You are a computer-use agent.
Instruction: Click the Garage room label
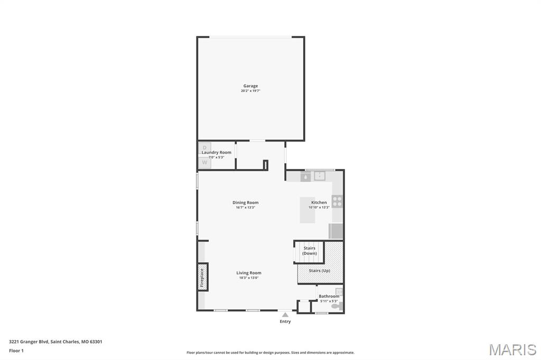point(250,86)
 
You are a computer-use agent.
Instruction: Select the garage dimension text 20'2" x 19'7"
point(250,91)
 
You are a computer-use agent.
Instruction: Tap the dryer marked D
point(204,147)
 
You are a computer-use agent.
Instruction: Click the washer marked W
point(204,163)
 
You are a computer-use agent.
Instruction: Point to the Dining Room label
point(245,202)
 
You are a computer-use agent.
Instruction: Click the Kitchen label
point(319,202)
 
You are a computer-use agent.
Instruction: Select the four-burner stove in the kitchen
point(337,201)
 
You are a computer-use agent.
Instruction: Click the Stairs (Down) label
point(310,251)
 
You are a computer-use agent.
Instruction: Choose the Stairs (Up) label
point(319,270)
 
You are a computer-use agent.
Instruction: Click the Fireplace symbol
point(202,277)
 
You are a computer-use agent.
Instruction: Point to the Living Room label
point(249,273)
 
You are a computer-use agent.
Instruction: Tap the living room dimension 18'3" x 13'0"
point(249,278)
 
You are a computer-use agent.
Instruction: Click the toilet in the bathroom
point(335,306)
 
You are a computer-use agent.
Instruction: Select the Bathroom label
point(329,296)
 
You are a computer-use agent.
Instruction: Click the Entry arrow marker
point(285,315)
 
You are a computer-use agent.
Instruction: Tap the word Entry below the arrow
point(285,321)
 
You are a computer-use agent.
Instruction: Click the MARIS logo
point(512,349)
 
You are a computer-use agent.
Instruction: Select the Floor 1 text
point(16,350)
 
